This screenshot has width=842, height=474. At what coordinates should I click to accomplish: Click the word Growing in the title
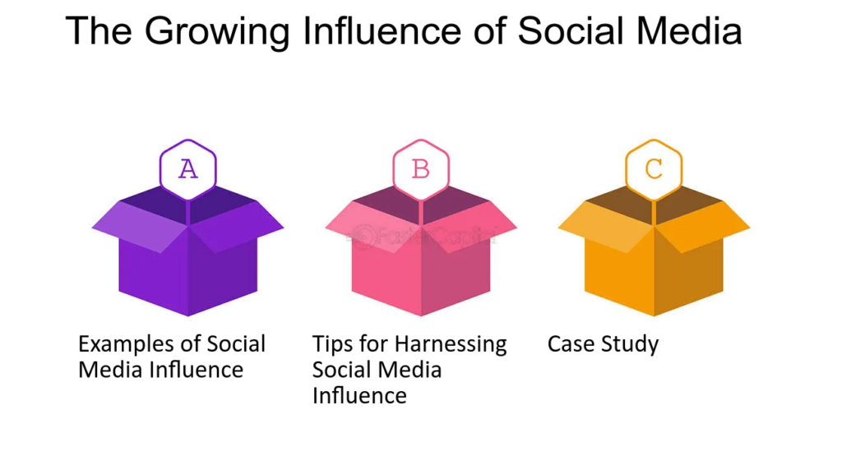pyautogui.click(x=217, y=32)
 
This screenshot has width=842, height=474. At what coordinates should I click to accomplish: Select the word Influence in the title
pyautogui.click(x=382, y=30)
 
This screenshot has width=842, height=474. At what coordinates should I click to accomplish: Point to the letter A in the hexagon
pyautogui.click(x=188, y=169)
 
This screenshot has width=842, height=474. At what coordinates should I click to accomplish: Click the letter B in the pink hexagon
pyautogui.click(x=420, y=169)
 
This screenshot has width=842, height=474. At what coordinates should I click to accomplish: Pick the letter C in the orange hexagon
pyautogui.click(x=654, y=169)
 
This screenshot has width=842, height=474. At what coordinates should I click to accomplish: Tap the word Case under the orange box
pyautogui.click(x=571, y=344)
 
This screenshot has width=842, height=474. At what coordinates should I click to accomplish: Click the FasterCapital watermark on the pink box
pyautogui.click(x=422, y=236)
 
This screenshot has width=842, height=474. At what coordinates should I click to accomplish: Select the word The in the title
pyautogui.click(x=99, y=30)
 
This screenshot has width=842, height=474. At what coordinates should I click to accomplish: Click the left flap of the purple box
pyautogui.click(x=140, y=228)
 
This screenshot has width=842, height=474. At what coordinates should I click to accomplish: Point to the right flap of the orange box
pyautogui.click(x=702, y=228)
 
